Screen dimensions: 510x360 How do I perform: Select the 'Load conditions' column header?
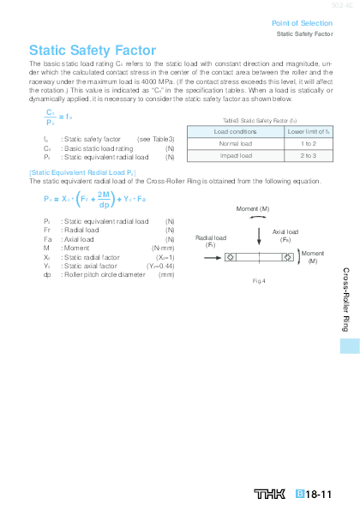click(235, 132)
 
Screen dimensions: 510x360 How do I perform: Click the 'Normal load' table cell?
click(235, 144)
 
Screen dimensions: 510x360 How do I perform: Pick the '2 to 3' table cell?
click(309, 156)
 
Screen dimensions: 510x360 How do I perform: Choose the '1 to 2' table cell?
click(309, 144)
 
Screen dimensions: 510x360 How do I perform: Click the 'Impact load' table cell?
click(235, 156)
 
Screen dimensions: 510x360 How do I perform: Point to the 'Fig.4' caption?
click(259, 280)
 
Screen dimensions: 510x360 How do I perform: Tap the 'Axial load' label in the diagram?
click(286, 231)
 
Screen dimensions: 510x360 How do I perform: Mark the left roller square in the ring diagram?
click(231, 256)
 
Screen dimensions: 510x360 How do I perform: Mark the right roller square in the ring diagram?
click(287, 256)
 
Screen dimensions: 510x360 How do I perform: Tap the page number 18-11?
click(319, 495)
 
